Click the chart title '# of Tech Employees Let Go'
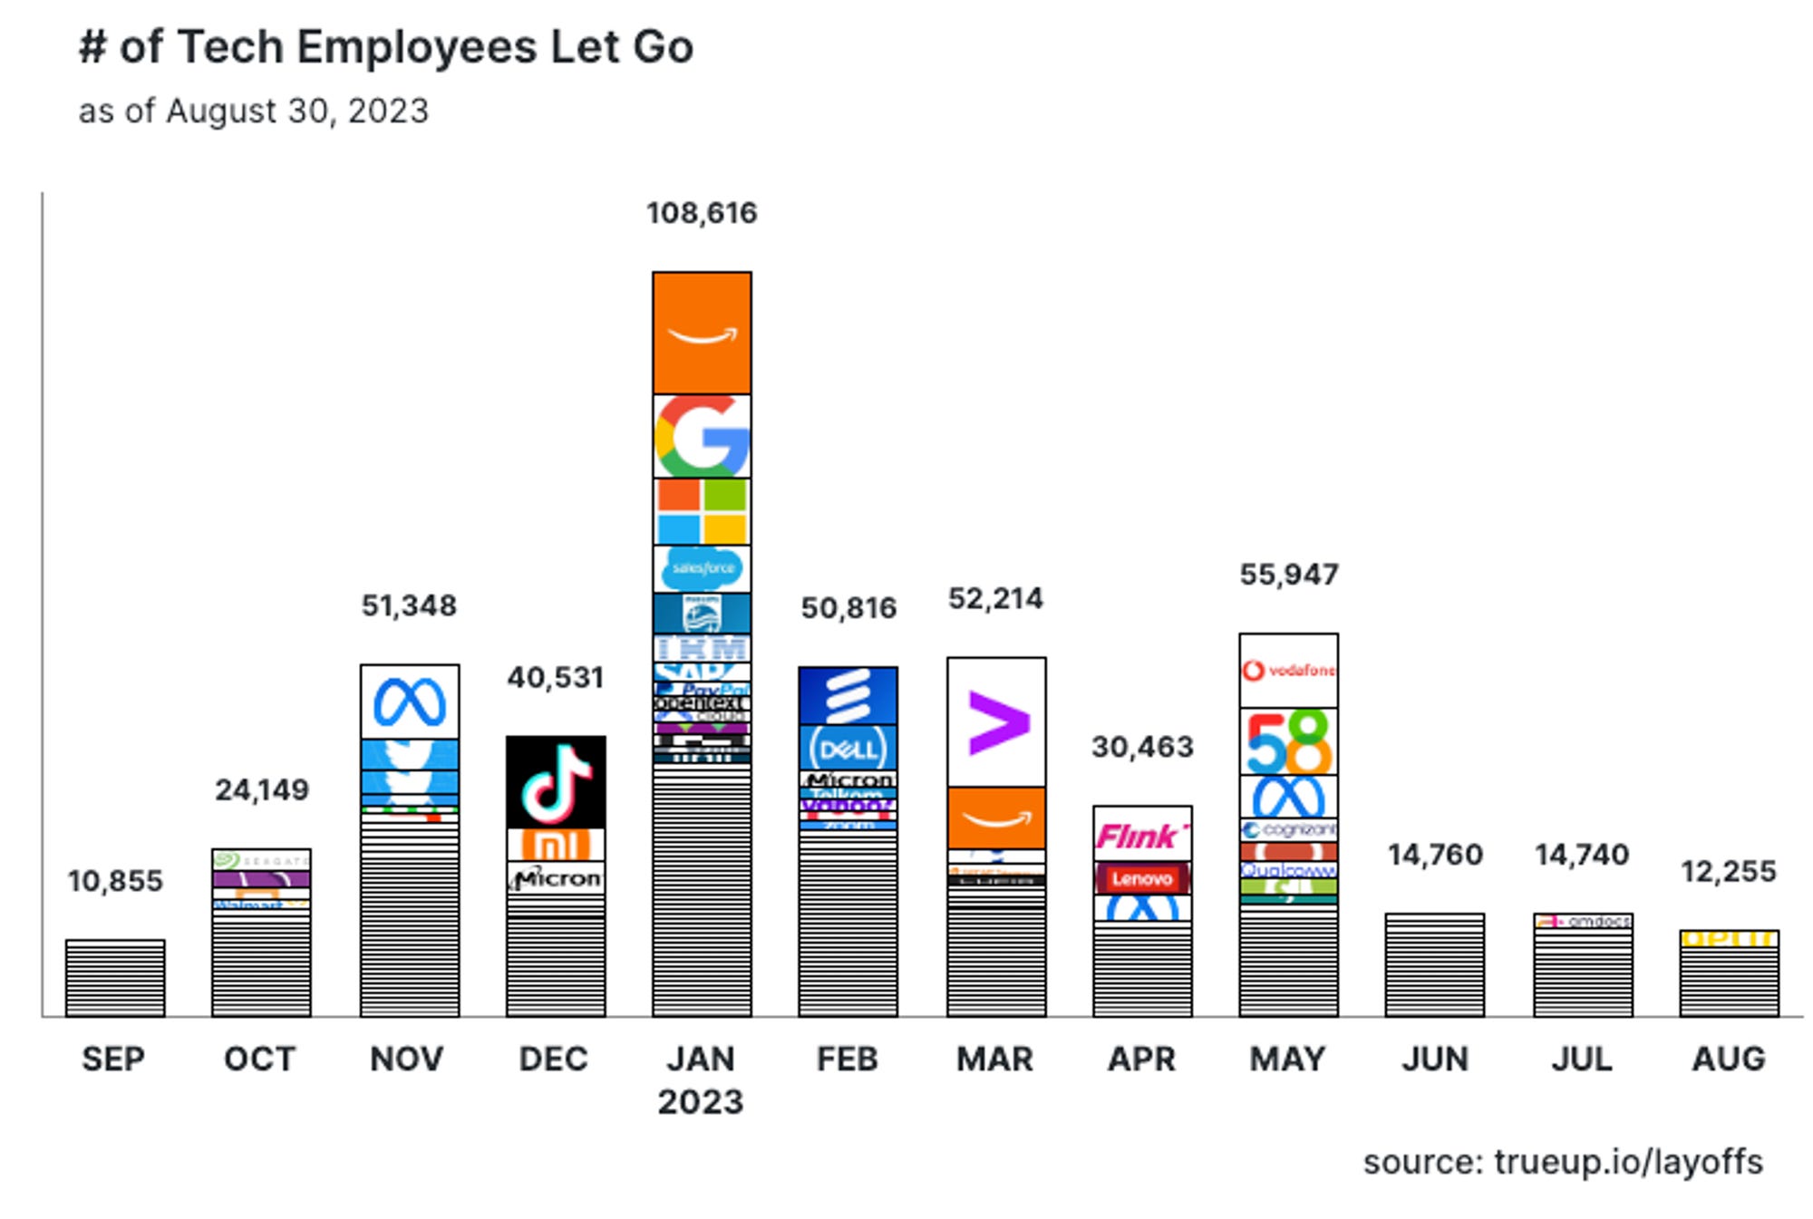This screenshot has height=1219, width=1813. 386,47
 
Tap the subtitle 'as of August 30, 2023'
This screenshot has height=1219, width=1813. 253,111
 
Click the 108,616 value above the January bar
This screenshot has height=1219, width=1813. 701,213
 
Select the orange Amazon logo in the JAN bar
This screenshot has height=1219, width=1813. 701,333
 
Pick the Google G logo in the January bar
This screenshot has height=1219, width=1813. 701,437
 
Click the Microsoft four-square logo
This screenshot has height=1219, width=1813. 701,511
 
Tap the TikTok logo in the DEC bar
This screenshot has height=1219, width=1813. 555,781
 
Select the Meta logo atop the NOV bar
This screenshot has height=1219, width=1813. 409,701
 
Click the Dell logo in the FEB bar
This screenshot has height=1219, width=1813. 848,749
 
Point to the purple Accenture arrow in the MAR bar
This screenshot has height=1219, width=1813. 996,722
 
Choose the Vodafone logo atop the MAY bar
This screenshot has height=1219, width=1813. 1287,671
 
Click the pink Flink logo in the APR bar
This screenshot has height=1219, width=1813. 1141,835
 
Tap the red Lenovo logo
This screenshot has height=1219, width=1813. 1141,878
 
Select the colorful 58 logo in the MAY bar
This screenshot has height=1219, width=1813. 1287,741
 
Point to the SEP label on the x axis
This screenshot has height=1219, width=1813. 113,1059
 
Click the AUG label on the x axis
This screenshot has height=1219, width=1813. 1728,1059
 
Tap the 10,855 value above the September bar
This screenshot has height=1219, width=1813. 115,881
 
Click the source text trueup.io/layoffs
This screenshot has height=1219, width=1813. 1563,1162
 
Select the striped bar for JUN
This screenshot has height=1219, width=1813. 1434,965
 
